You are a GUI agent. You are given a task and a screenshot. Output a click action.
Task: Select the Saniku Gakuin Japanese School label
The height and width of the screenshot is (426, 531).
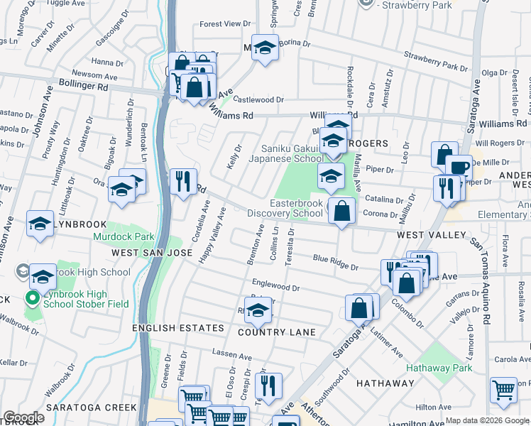point(285,153)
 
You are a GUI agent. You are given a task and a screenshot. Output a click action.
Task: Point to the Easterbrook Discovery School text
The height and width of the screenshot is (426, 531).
point(285,208)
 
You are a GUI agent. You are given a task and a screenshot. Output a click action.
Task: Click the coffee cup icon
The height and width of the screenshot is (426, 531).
point(459,168)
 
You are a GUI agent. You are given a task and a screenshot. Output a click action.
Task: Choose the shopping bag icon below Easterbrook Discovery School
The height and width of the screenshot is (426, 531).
point(342,210)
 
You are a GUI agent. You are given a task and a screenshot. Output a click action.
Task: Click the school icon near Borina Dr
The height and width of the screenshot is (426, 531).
point(265,48)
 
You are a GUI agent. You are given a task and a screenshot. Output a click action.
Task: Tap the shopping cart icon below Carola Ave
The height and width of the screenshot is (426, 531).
point(503,390)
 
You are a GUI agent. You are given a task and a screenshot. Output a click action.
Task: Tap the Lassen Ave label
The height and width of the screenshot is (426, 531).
point(232,355)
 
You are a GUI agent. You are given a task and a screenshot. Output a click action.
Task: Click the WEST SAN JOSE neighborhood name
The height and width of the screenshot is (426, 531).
point(142,253)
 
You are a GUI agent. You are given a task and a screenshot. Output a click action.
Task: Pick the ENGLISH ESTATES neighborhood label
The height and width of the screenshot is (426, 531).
point(178,329)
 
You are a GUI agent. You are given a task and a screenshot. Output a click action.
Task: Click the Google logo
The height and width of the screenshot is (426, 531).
point(23,417)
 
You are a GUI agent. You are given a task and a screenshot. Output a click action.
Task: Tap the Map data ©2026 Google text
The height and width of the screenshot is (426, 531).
point(487,420)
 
